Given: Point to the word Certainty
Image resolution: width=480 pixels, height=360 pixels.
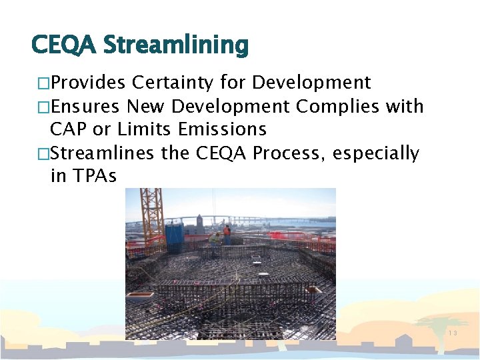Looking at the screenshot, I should pyautogui.click(x=173, y=83).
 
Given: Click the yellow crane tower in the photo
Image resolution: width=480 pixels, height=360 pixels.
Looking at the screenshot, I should pyautogui.click(x=152, y=213).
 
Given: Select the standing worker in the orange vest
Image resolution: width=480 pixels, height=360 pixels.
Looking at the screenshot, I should pyautogui.click(x=227, y=234).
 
